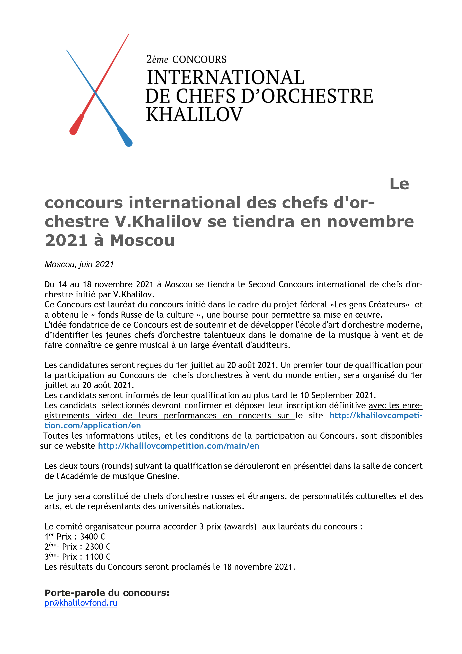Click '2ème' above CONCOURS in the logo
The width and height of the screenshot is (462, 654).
click(157, 59)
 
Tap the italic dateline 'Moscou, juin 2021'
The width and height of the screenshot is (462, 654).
click(79, 264)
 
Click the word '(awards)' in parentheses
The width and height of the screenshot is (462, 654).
click(240, 526)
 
